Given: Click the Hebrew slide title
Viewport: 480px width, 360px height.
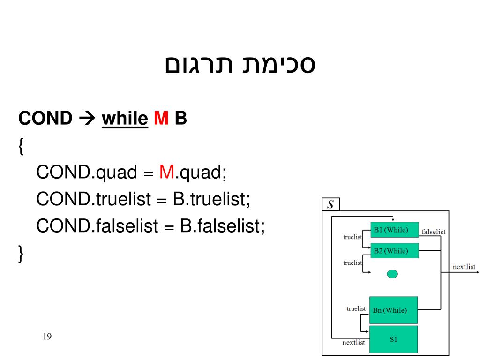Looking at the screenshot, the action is point(240,65).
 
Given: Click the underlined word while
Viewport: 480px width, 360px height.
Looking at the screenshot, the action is point(125,119).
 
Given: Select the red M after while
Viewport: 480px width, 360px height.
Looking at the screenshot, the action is point(161,119).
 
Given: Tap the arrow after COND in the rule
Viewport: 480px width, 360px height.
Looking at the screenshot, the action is point(87,119).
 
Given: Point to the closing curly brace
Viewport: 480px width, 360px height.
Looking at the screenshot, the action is point(21,254).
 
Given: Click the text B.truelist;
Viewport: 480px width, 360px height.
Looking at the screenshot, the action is point(211,200).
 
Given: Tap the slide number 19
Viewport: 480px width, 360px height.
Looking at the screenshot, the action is point(46,337).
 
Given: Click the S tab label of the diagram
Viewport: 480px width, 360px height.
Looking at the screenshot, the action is point(330,204).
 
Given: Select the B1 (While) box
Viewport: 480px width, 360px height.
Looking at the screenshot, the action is point(394,230).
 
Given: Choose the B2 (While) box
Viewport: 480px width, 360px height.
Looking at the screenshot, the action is point(394,251).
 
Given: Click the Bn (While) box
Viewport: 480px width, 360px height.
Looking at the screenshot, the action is point(393,310).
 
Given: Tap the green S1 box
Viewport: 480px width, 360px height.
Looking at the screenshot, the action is point(393,339).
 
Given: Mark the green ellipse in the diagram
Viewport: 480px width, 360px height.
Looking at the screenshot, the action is point(392,274).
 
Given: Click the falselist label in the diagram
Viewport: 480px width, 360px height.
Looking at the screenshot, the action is point(433,232).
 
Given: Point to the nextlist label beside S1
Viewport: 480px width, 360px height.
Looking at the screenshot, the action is point(353,343).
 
